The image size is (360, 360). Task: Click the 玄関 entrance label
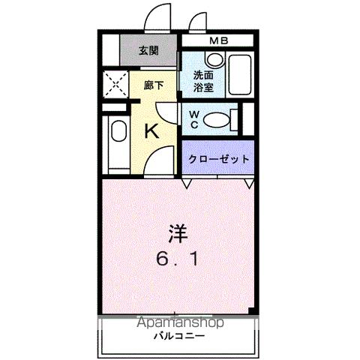pos(148,51)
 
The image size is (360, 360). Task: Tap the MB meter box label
pos(219,40)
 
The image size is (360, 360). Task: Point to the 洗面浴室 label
pos(202,80)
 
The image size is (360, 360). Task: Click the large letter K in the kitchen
pos(151,130)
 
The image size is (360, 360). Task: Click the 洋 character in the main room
pos(177,234)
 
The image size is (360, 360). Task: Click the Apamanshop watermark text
pos(179,323)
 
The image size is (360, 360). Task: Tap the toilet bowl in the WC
pos(219,119)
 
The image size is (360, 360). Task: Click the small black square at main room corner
pos(253,310)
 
